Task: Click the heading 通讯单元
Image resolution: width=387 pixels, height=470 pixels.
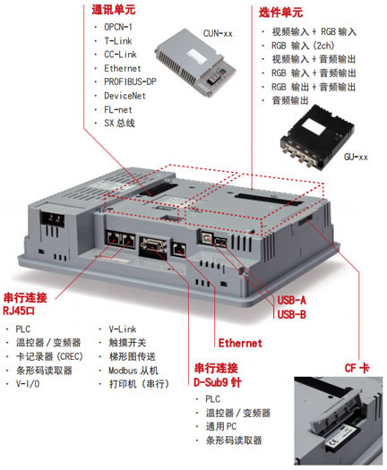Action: pyautogui.click(x=114, y=10)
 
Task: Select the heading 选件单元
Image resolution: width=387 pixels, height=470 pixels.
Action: pyautogui.click(x=280, y=13)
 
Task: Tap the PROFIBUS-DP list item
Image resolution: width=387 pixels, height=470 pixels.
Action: pyautogui.click(x=130, y=81)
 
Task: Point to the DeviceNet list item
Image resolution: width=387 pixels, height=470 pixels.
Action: pyautogui.click(x=125, y=96)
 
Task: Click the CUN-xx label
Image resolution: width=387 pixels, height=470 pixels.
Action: pyautogui.click(x=218, y=33)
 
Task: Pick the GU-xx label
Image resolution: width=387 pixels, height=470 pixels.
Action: pyautogui.click(x=356, y=157)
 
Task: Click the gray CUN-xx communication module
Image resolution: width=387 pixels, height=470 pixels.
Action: pyautogui.click(x=195, y=63)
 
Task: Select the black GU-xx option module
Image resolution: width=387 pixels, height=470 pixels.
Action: pyautogui.click(x=317, y=136)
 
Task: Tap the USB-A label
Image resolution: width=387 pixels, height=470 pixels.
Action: pyautogui.click(x=291, y=300)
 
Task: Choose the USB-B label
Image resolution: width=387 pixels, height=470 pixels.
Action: pyautogui.click(x=291, y=314)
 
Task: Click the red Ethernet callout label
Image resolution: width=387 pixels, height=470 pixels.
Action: pyautogui.click(x=240, y=343)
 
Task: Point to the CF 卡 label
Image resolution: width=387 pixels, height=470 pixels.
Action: pyautogui.click(x=357, y=368)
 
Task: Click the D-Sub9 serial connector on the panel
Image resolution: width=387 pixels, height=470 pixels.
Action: pyautogui.click(x=153, y=247)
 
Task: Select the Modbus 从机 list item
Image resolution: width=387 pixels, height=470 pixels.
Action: pyautogui.click(x=133, y=371)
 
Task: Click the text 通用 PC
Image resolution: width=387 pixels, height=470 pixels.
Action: pyautogui.click(x=220, y=426)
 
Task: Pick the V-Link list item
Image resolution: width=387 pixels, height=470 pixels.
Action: pyautogui.click(x=123, y=329)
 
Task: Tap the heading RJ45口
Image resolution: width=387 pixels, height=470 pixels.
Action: pyautogui.click(x=19, y=311)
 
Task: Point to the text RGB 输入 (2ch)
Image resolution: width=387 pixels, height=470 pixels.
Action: pyautogui.click(x=303, y=46)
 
